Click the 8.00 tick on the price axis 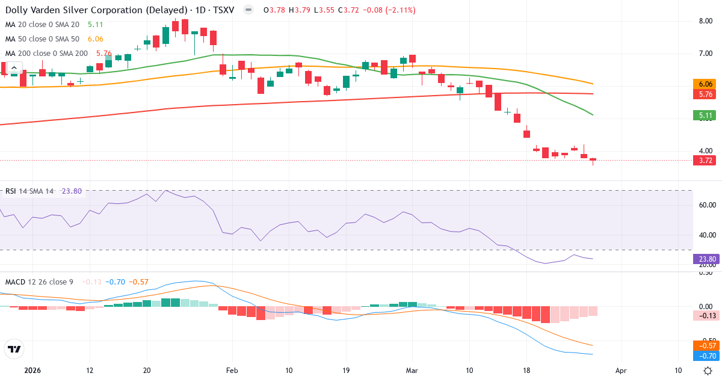click(x=706, y=21)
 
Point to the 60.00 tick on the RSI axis click(x=706, y=205)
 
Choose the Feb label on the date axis click(x=232, y=371)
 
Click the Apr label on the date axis click(x=622, y=371)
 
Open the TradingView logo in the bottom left click(x=14, y=349)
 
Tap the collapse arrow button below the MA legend click(x=14, y=67)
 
